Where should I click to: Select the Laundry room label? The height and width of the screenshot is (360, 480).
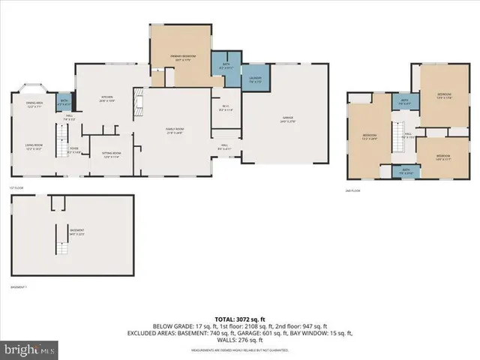coord(255,79)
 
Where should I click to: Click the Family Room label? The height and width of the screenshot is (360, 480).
coord(175,130)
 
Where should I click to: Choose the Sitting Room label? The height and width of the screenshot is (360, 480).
coord(111,155)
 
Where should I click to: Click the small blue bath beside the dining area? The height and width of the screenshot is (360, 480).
coord(64,100)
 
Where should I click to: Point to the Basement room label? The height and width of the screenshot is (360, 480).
coord(77,232)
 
